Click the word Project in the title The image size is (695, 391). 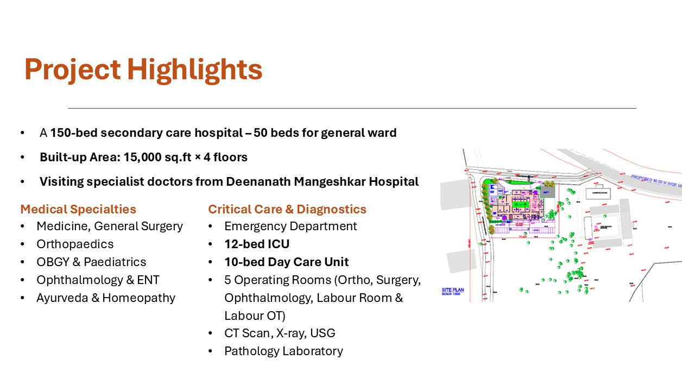click(x=72, y=70)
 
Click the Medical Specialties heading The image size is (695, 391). click(x=78, y=209)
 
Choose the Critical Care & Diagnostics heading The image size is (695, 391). click(x=287, y=209)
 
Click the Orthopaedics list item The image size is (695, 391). click(x=75, y=244)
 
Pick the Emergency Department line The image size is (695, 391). click(x=290, y=226)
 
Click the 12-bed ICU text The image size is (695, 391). click(x=257, y=244)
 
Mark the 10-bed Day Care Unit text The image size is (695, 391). click(x=286, y=262)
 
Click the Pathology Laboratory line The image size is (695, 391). click(x=283, y=351)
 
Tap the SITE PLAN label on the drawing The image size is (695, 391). click(x=452, y=291)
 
